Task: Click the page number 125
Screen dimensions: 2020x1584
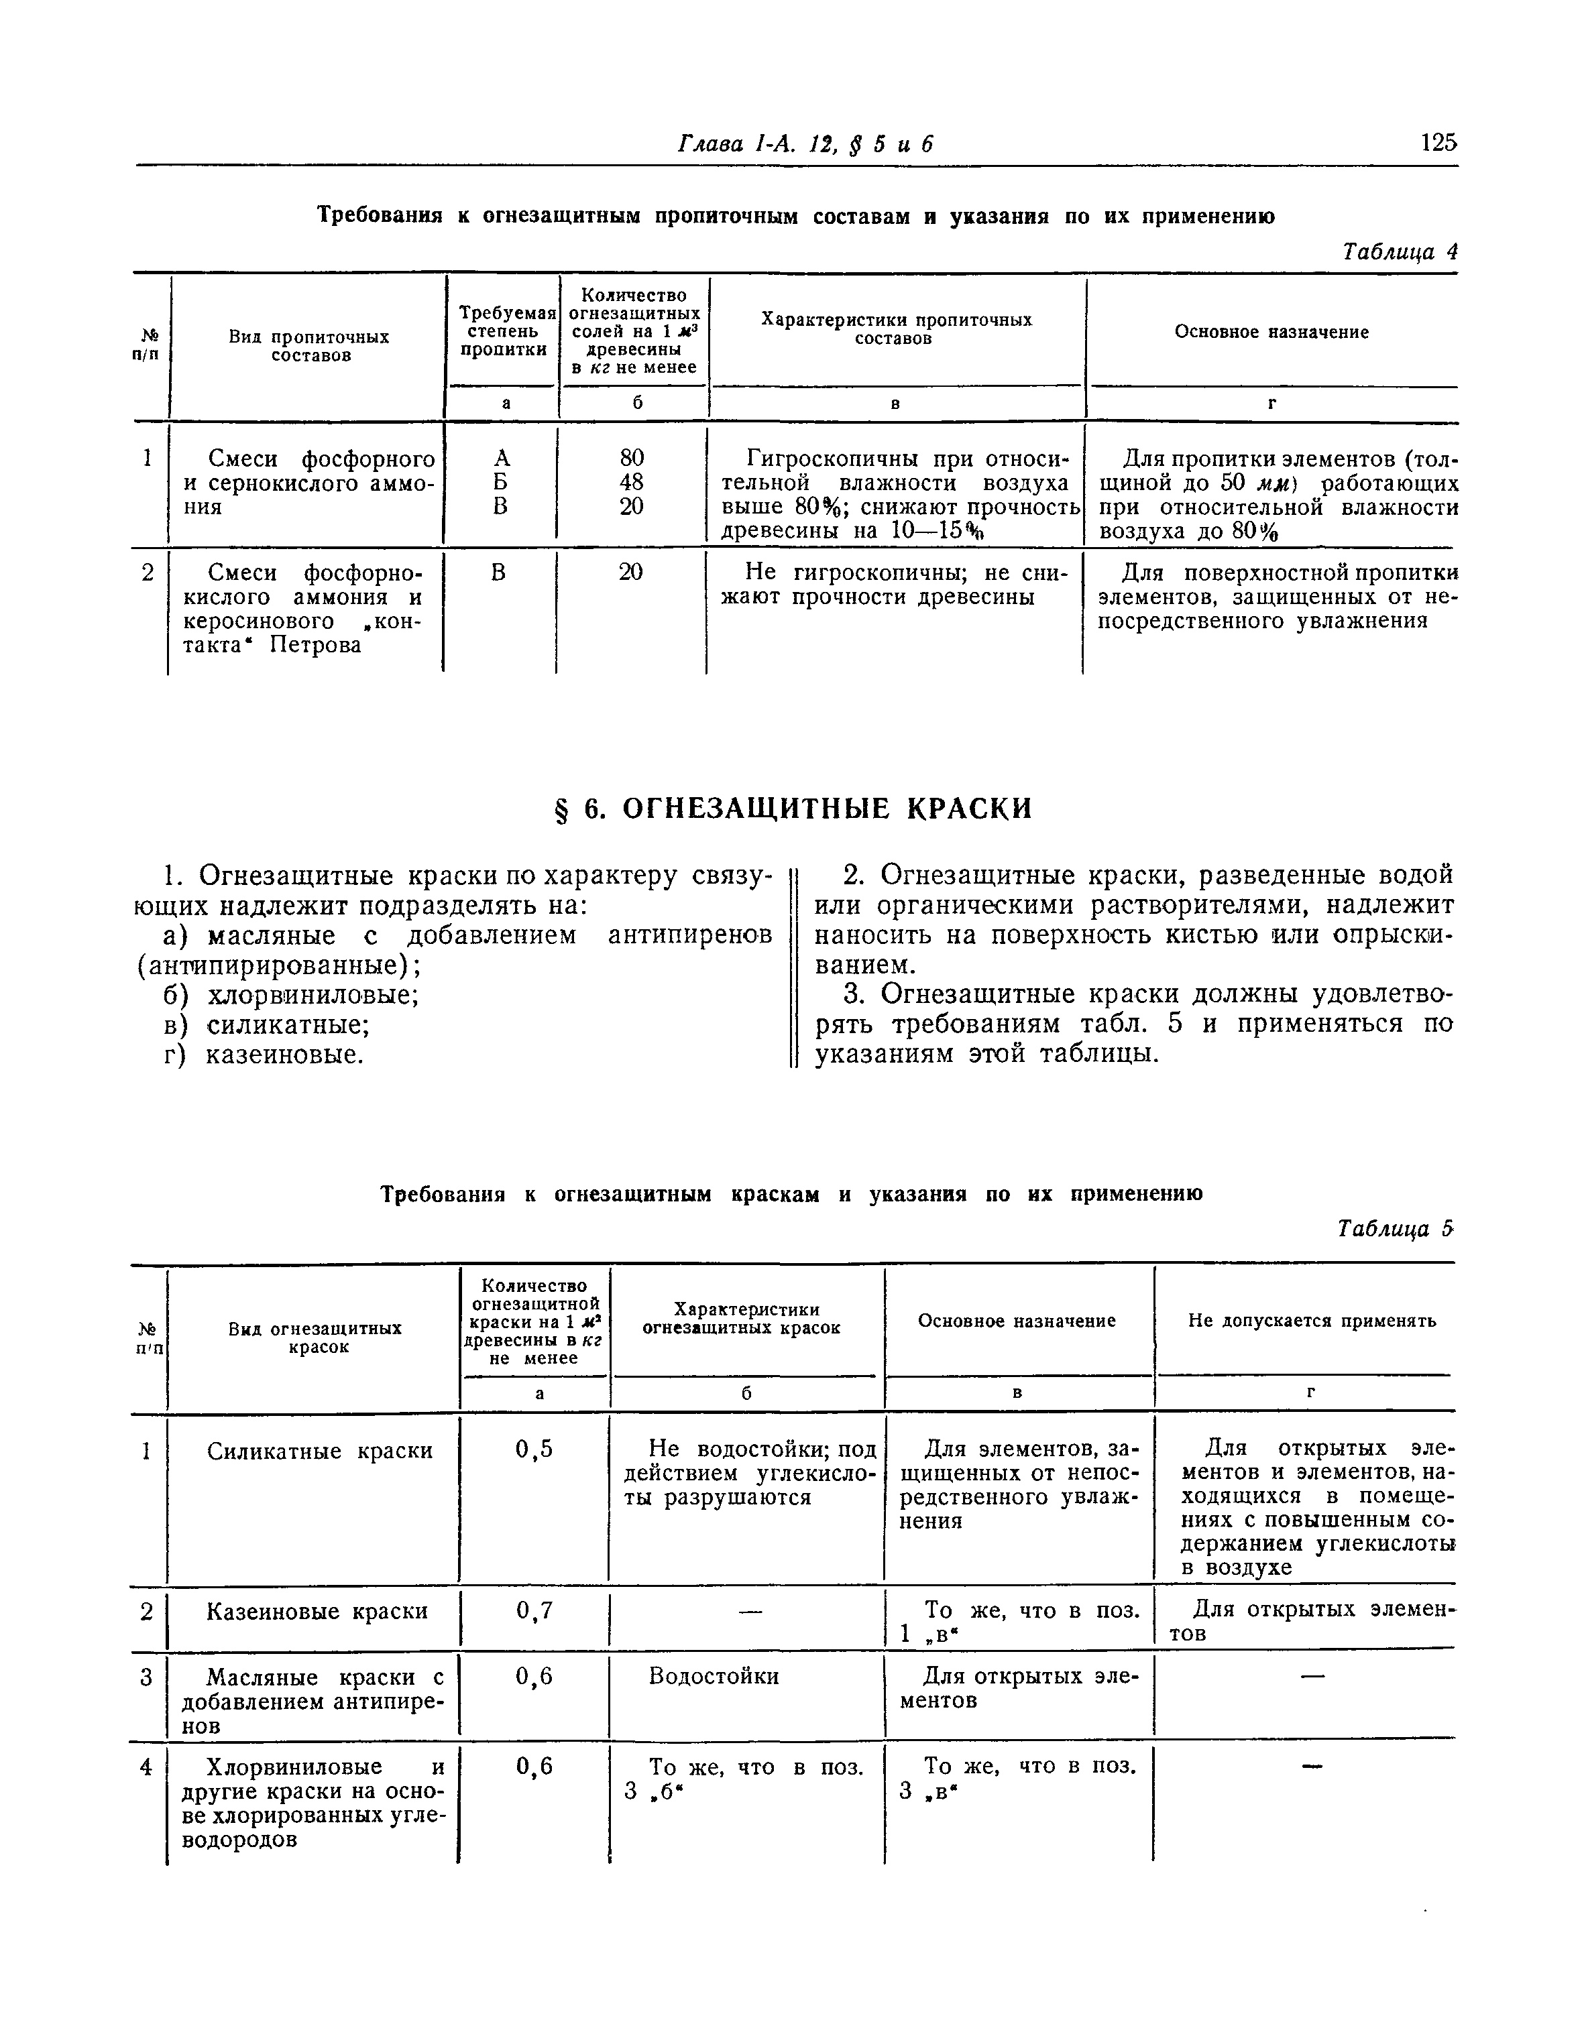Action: (1438, 143)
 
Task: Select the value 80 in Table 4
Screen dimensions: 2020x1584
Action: (632, 458)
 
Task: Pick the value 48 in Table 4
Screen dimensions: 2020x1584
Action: (632, 482)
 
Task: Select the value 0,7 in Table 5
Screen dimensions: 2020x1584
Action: (534, 1611)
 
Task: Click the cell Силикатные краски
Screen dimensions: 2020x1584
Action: (319, 1451)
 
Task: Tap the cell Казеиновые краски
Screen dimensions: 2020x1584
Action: (317, 1611)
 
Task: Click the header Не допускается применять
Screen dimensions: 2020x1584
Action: (1311, 1321)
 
